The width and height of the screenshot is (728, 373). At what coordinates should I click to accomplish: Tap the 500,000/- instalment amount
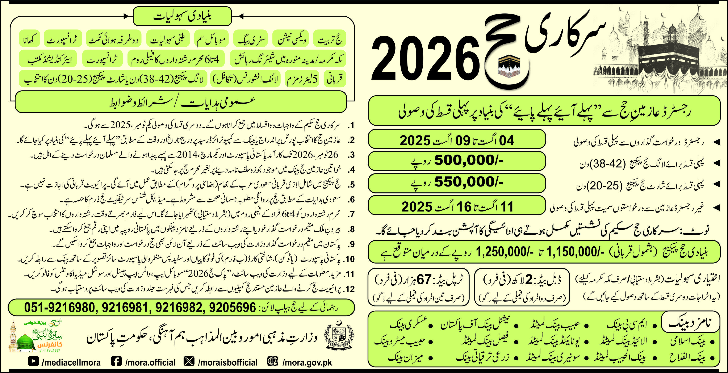pyautogui.click(x=469, y=160)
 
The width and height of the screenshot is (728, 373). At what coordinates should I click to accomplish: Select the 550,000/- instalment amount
pyautogui.click(x=469, y=182)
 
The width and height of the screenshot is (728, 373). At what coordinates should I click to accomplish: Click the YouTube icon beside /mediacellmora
pyautogui.click(x=33, y=361)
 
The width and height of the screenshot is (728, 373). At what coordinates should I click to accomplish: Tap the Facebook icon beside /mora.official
pyautogui.click(x=116, y=361)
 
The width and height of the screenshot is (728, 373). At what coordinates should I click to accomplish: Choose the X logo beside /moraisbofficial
pyautogui.click(x=189, y=361)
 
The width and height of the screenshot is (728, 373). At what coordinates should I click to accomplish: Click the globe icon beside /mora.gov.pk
pyautogui.click(x=272, y=361)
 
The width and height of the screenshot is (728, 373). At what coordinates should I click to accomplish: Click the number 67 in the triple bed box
pyautogui.click(x=424, y=280)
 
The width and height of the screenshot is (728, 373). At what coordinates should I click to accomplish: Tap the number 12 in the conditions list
pyautogui.click(x=350, y=289)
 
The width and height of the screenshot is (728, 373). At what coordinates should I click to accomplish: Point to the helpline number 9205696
pyautogui.click(x=232, y=307)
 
